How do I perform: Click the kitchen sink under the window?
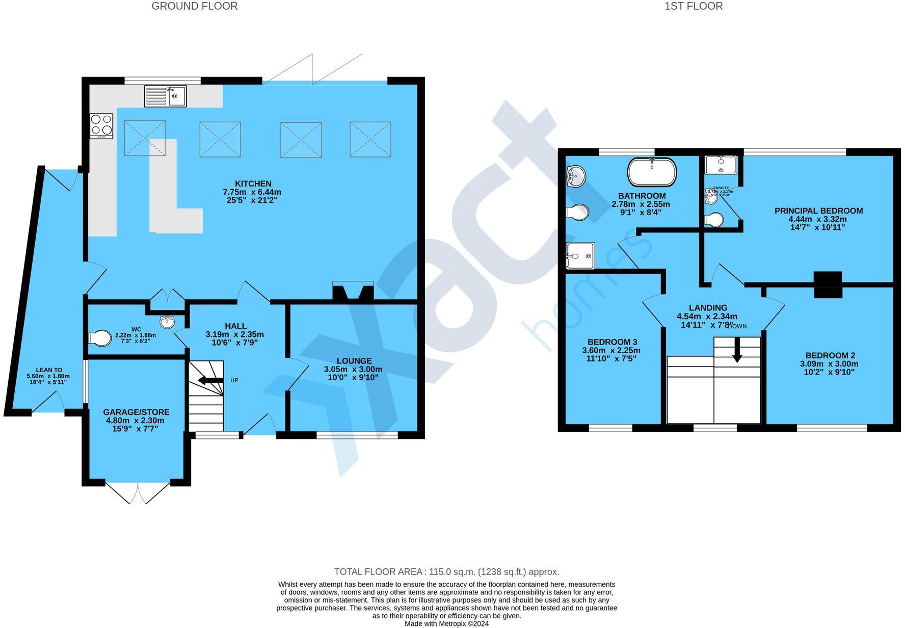[x=166, y=96]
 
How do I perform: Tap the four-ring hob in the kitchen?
[x=101, y=125]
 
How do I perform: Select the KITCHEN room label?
[x=253, y=184]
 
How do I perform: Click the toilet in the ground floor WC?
[x=100, y=338]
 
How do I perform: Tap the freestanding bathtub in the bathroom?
[x=652, y=172]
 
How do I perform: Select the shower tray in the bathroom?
[x=580, y=255]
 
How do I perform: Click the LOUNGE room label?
[x=354, y=361]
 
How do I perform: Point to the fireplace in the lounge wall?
[x=353, y=292]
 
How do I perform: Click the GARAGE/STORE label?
[x=136, y=412]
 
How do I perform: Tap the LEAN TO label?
[x=49, y=370]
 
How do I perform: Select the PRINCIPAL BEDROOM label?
[x=818, y=211]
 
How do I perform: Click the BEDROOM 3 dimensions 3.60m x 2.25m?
[x=611, y=350]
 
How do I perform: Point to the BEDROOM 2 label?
[x=830, y=355]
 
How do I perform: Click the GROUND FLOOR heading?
[x=194, y=6]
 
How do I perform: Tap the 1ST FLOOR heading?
[x=694, y=6]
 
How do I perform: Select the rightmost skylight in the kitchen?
[x=370, y=139]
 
